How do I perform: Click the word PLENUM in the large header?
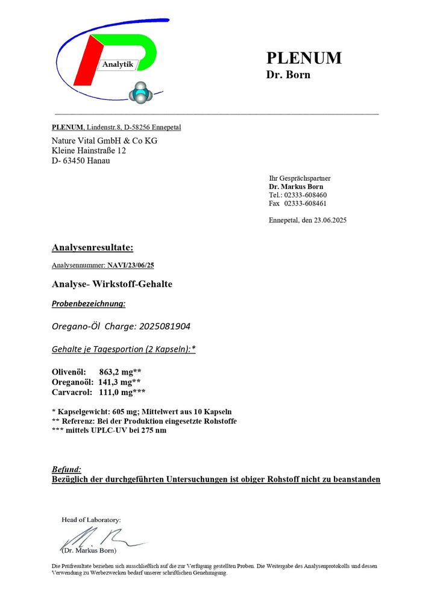click(x=304, y=58)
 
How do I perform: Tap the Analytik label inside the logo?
click(x=118, y=64)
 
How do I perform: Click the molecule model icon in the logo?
click(x=141, y=92)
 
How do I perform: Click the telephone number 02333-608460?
click(x=306, y=195)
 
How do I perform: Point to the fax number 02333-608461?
click(x=306, y=204)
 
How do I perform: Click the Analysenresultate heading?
click(x=92, y=247)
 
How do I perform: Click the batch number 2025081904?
click(x=172, y=326)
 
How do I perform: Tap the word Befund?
click(x=66, y=469)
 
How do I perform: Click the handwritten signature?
click(x=99, y=538)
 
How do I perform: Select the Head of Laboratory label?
click(x=91, y=519)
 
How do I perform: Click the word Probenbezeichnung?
click(x=89, y=304)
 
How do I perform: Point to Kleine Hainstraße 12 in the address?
click(x=89, y=151)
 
